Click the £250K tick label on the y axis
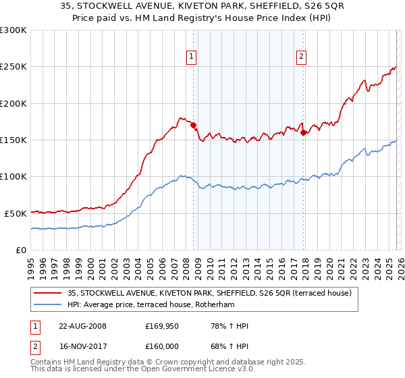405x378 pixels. (13, 67)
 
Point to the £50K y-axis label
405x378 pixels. (16, 213)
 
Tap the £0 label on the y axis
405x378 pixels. (21, 250)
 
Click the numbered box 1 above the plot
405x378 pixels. (192, 57)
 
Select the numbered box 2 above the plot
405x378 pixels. (300, 57)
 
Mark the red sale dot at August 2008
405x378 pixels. (193, 125)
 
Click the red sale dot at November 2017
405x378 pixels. (303, 132)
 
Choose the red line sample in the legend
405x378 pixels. (49, 293)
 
